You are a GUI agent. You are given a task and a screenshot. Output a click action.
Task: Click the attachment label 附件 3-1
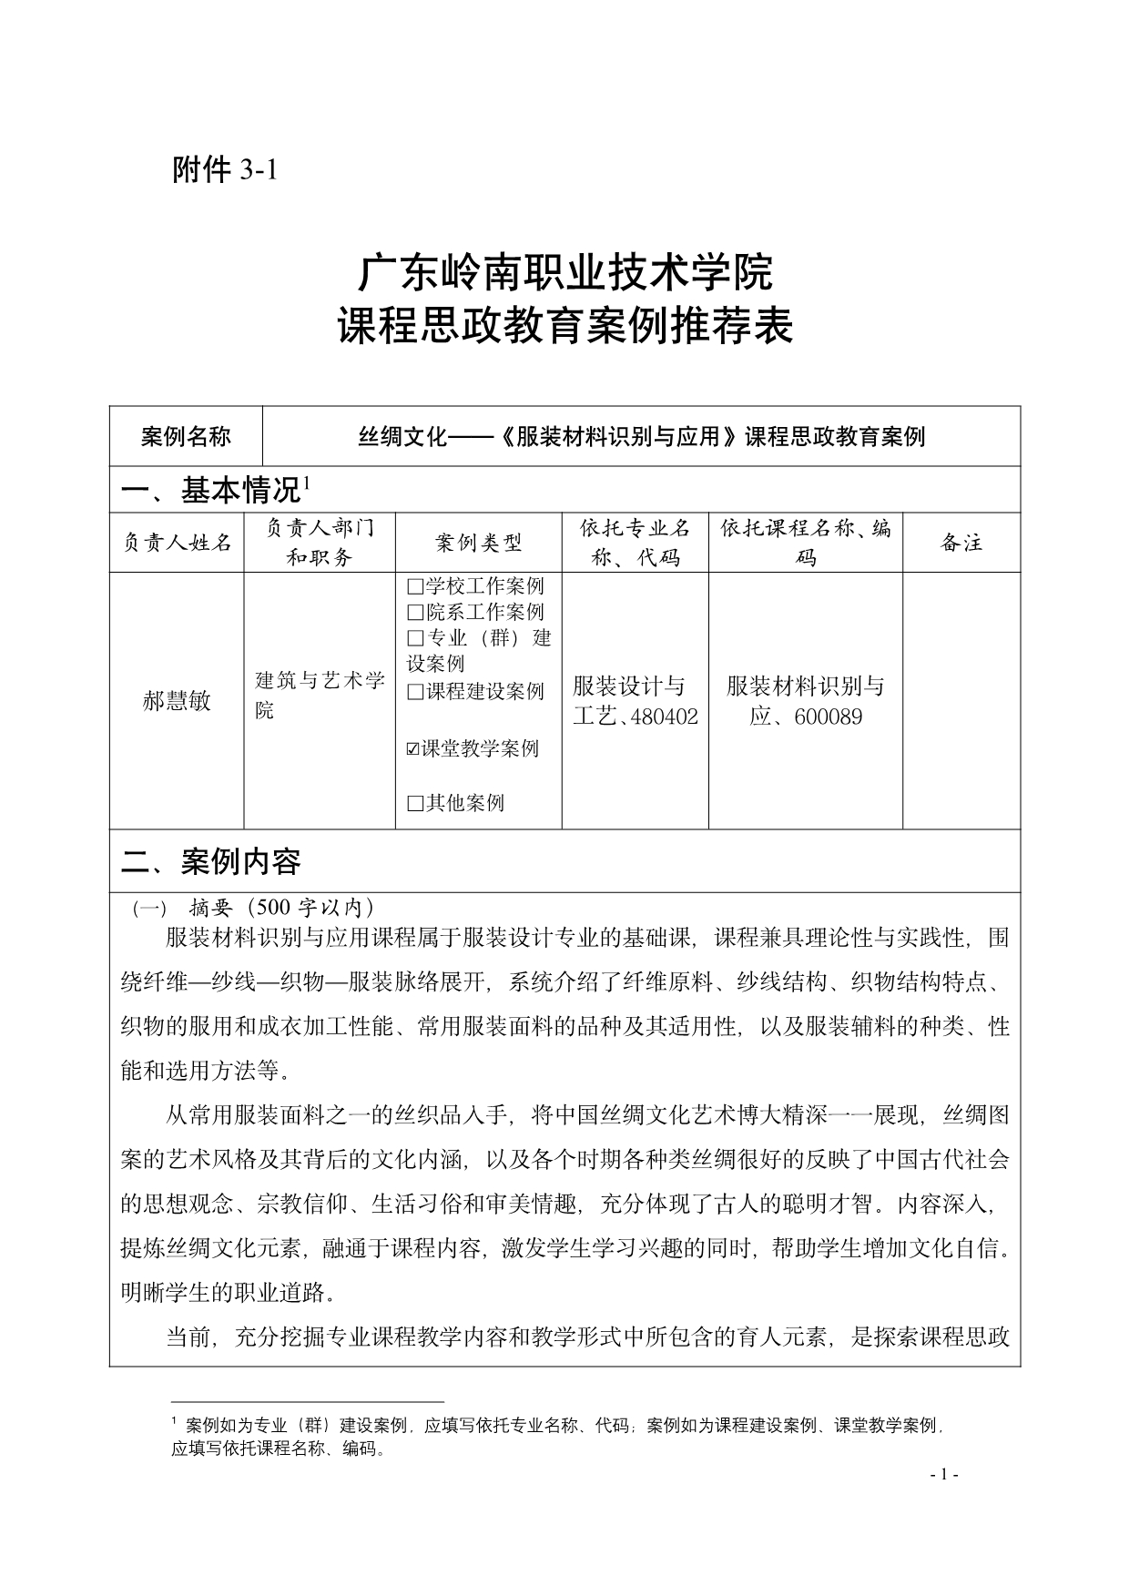223,169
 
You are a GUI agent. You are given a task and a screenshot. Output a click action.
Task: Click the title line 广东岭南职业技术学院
564,272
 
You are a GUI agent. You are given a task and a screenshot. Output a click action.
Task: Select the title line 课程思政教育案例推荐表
564,326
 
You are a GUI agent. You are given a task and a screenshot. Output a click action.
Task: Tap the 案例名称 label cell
186,437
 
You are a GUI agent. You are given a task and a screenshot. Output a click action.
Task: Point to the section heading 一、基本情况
211,491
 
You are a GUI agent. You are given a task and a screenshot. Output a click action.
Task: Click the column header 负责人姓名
177,544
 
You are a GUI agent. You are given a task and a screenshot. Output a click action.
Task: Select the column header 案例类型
478,544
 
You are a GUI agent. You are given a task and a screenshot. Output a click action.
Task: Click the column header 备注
961,544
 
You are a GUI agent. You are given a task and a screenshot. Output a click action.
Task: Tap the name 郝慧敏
177,701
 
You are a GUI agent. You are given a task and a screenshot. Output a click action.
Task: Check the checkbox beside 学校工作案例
415,586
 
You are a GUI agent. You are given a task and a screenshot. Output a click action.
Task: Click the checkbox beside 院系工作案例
415,613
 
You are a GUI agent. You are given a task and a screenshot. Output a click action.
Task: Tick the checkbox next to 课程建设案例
415,692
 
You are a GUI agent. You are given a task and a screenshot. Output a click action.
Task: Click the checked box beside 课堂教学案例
413,748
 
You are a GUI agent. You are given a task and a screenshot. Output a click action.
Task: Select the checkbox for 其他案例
415,803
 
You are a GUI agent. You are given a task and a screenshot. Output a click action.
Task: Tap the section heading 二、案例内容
211,861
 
